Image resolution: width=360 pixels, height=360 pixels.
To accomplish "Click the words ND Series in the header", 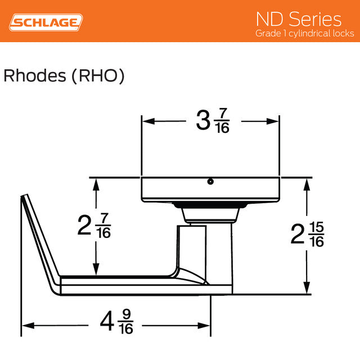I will pos(299,19).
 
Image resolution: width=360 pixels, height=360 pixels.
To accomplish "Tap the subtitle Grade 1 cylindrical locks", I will pos(304,34).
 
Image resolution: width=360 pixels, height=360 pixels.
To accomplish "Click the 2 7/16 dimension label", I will pos(94,225).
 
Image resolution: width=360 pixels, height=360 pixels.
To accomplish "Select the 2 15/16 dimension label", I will pos(307,235).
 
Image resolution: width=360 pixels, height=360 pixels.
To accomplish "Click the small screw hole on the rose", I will pos(210,182).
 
